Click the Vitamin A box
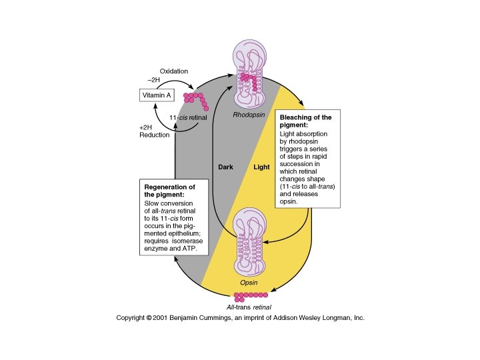coord(157,96)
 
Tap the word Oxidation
coord(174,71)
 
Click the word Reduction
coord(155,135)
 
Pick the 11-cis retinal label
coord(189,119)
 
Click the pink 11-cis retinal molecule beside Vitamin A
coord(197,99)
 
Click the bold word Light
coord(261,167)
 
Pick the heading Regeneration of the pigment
coord(169,190)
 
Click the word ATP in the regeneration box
coord(197,251)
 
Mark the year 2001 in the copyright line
coord(165,318)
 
